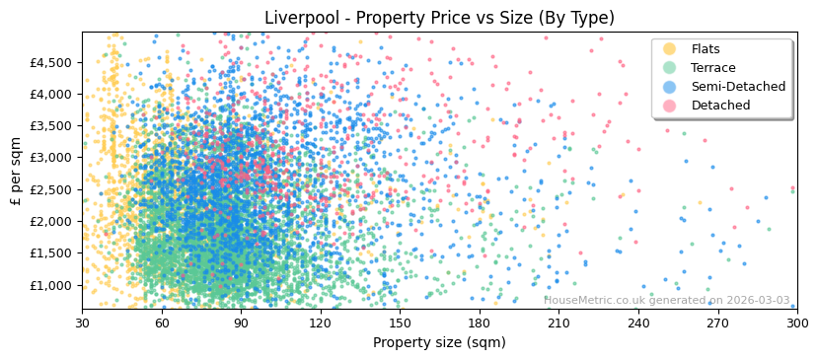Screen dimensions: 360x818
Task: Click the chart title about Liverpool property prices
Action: click(439, 18)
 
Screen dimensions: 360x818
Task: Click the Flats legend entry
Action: click(706, 49)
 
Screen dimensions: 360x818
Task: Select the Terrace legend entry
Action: click(712, 68)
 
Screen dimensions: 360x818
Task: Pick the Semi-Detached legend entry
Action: click(738, 87)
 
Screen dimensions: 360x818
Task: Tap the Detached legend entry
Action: click(720, 106)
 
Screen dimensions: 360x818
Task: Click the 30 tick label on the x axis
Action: click(82, 324)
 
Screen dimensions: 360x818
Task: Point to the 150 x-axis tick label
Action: click(400, 324)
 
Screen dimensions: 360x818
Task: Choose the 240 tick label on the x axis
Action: click(638, 324)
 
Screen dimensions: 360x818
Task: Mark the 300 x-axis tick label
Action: click(796, 324)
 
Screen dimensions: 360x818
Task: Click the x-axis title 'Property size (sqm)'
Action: click(439, 343)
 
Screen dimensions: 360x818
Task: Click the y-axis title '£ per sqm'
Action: click(17, 171)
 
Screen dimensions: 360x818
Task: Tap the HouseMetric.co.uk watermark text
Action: click(667, 301)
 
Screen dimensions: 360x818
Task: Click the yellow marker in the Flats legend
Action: click(670, 49)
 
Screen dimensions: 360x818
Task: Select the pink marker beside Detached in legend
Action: click(670, 106)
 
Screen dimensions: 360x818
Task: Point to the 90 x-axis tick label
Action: click(241, 324)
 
